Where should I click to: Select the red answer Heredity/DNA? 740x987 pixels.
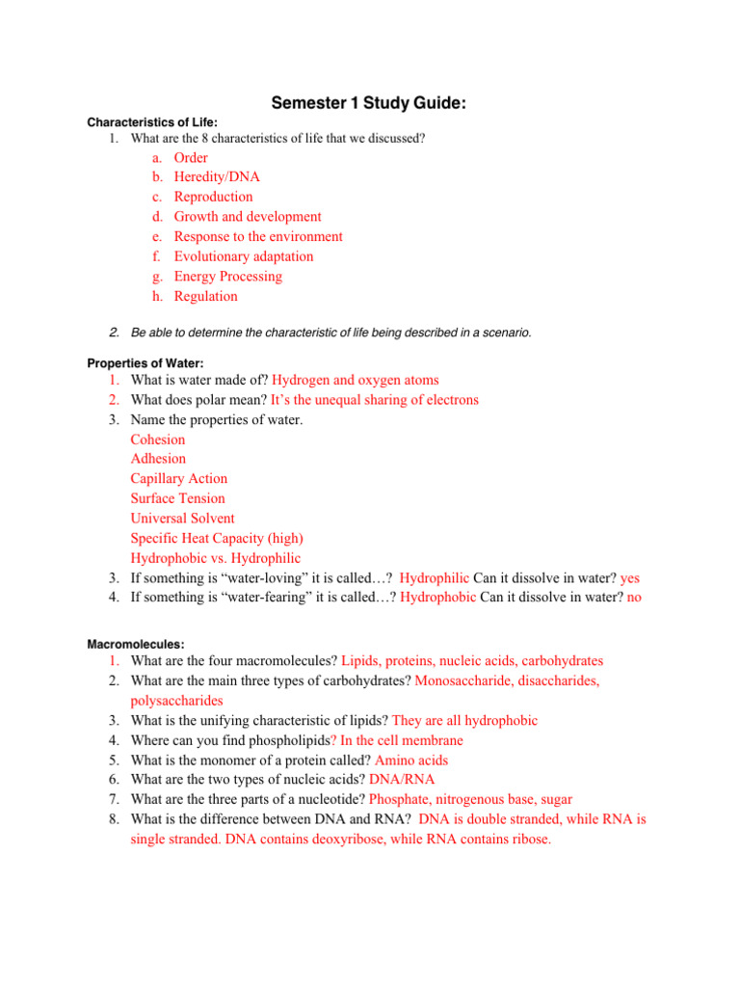click(x=216, y=177)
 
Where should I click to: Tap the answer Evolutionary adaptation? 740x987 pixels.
click(x=243, y=256)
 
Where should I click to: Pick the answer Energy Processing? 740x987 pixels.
click(x=227, y=277)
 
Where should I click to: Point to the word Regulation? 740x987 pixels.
click(x=205, y=297)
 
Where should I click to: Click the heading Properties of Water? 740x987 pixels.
click(x=145, y=363)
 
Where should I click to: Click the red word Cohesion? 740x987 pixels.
click(x=158, y=440)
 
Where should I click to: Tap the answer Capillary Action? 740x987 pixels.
click(x=179, y=479)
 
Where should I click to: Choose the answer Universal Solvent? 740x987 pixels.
click(x=182, y=519)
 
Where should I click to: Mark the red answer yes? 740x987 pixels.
click(x=630, y=578)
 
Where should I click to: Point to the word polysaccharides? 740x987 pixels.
click(x=176, y=701)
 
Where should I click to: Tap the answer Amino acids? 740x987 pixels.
click(x=411, y=760)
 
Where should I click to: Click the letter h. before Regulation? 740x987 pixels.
click(x=156, y=297)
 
